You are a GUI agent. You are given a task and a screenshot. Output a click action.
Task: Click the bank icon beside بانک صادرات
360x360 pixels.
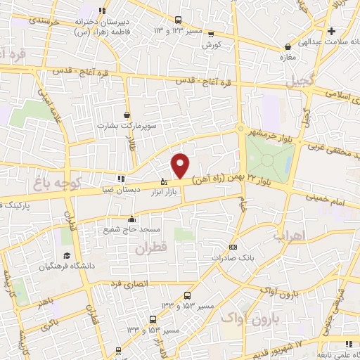[x=233, y=247]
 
